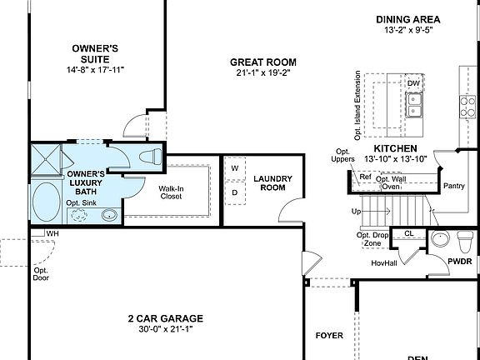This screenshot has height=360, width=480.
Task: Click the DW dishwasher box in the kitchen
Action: point(413,83)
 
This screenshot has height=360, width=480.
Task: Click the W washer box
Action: point(234,168)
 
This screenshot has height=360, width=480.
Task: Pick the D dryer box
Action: point(234,192)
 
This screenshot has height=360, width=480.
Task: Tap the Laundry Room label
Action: point(272,183)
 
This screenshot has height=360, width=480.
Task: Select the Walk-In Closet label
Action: point(171,193)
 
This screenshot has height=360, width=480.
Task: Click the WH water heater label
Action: point(52,233)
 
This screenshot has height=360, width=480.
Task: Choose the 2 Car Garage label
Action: point(165,318)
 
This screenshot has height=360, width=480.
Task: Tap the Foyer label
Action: point(328,336)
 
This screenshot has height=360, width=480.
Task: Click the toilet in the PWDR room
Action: point(465,240)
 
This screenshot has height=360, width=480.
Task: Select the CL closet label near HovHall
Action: point(408,234)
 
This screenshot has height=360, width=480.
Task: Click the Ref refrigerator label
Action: point(365,177)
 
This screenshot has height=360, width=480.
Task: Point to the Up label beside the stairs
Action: point(357,212)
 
